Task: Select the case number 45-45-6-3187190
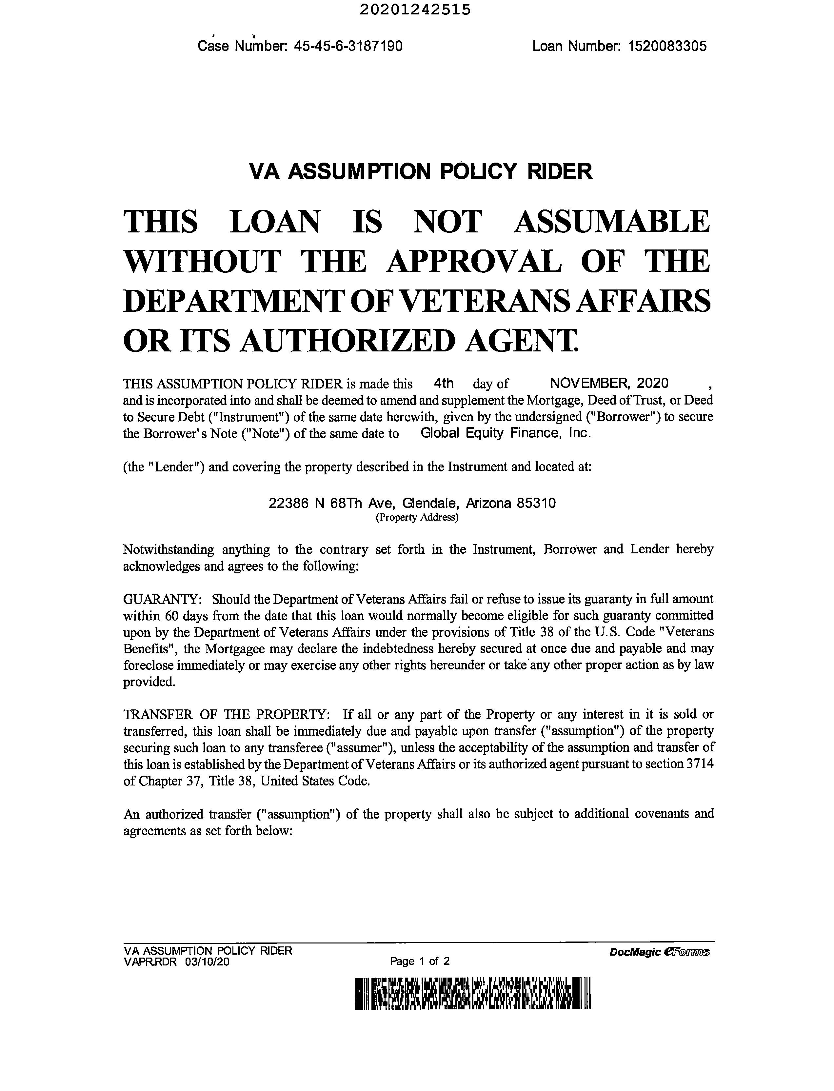pyautogui.click(x=348, y=46)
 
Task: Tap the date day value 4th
pyautogui.click(x=443, y=383)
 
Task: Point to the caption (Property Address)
pyautogui.click(x=416, y=518)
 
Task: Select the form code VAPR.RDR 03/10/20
pyautogui.click(x=177, y=962)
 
